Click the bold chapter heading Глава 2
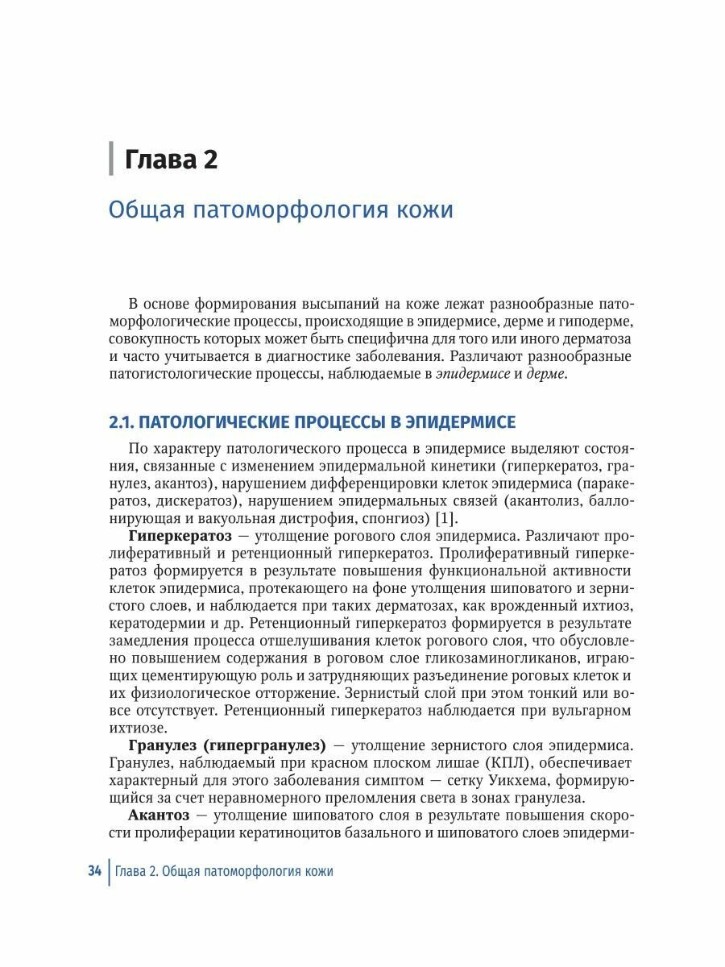(171, 159)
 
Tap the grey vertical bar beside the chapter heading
(111, 158)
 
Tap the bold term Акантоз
(156, 815)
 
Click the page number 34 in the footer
(94, 871)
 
